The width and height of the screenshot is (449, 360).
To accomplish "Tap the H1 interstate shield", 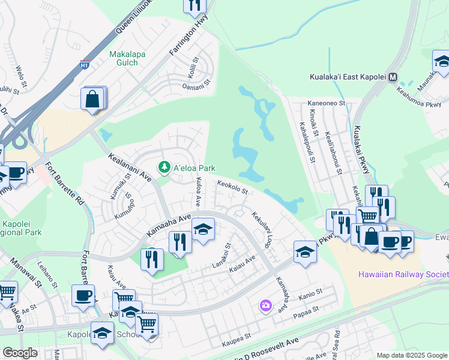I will coord(86,64).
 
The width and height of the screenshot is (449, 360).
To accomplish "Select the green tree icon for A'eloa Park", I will coord(163,167).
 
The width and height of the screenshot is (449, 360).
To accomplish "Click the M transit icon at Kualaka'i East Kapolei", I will coord(394,77).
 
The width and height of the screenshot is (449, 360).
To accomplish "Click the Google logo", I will coord(20,353).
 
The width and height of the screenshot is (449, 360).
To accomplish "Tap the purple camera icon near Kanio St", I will coord(265,307).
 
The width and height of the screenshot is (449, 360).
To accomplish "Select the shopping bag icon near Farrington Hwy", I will coord(93,98).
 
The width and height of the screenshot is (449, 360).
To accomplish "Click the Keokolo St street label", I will coord(233,188).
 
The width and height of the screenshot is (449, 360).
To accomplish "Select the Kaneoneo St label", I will coord(327,103).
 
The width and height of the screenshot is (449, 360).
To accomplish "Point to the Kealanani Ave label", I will coord(130,167).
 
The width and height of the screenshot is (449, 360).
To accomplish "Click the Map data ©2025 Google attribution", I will coord(412,355).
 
